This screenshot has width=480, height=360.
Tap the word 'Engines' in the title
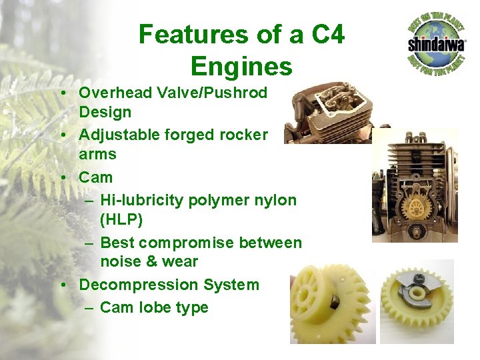click(241, 67)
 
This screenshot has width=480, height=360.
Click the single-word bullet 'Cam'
click(96, 177)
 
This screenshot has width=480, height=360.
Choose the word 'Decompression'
click(142, 285)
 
